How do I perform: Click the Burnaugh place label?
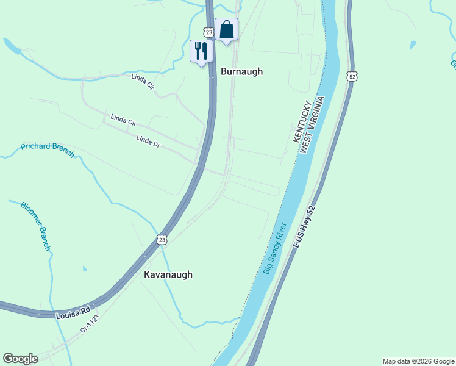241,71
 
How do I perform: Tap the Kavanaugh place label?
168,274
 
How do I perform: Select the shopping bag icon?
226,29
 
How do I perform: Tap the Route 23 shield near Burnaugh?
209,32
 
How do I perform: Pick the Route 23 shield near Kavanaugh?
161,240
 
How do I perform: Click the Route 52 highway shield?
352,76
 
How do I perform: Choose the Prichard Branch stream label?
48,149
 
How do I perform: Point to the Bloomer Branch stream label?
35,226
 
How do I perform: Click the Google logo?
20,359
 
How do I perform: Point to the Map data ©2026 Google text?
418,361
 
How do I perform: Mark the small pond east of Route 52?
413,45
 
